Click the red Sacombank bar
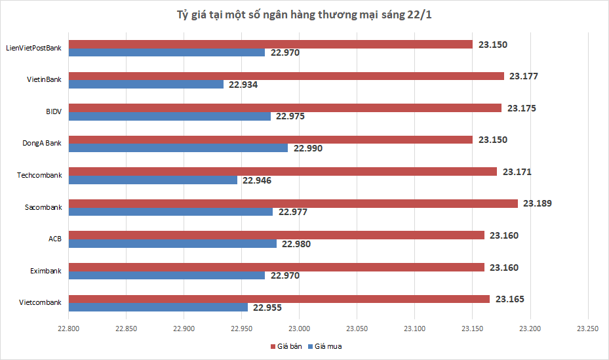tap(293, 203)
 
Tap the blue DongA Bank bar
tap(178, 148)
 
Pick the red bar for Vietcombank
tap(279, 299)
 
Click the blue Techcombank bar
tap(153, 180)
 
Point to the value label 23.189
tap(538, 203)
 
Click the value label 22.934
tap(243, 85)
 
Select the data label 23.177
tap(524, 76)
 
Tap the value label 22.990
tap(307, 148)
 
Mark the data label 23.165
tap(509, 299)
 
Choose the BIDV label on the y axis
tap(53, 111)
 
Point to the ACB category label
tap(54, 239)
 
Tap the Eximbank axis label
tap(46, 271)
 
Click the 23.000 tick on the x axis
tap(299, 329)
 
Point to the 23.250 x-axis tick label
tap(587, 329)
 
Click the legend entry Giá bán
tap(286, 346)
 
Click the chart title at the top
tap(304, 14)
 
